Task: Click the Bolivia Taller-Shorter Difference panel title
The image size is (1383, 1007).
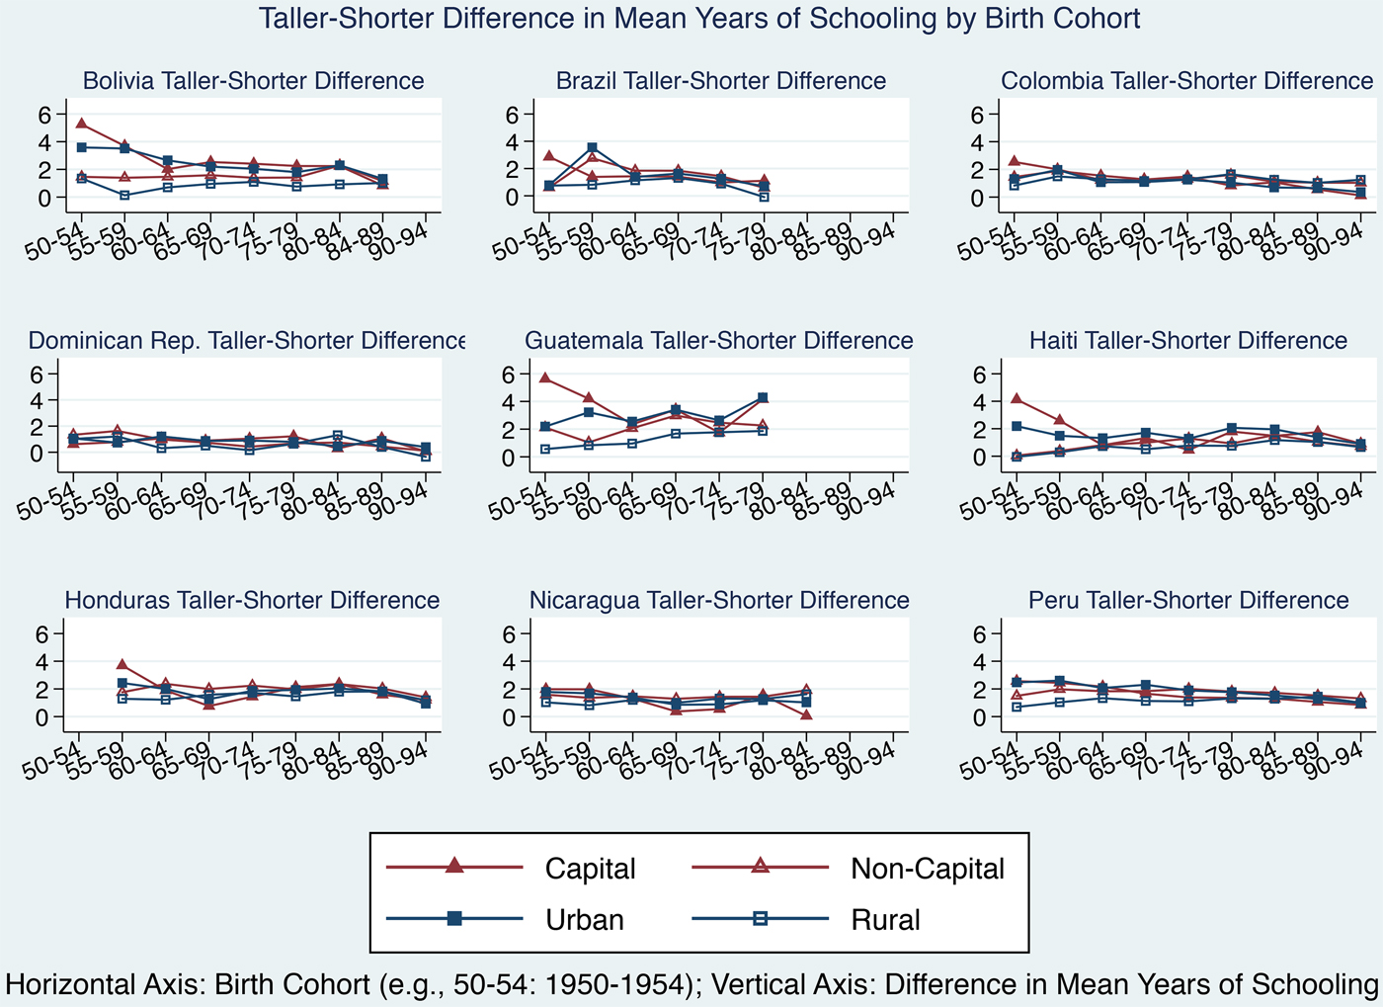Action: click(253, 81)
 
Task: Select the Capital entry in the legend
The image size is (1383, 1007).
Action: click(590, 869)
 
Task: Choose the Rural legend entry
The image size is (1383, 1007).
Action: click(885, 920)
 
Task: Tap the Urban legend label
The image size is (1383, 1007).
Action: click(585, 920)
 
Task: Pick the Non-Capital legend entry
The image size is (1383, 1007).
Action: click(927, 869)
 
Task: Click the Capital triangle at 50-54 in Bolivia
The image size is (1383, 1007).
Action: click(81, 124)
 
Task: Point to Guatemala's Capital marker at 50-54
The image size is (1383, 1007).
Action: click(545, 378)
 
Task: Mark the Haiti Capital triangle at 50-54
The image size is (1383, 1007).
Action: click(1017, 398)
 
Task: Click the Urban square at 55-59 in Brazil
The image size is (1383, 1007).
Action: click(592, 147)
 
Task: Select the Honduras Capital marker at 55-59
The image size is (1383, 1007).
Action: click(122, 665)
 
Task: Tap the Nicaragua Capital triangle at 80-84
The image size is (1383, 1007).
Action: click(806, 714)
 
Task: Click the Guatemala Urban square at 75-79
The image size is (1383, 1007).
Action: click(763, 397)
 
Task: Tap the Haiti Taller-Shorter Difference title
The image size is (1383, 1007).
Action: click(1188, 341)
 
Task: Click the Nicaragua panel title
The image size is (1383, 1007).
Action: click(719, 601)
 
